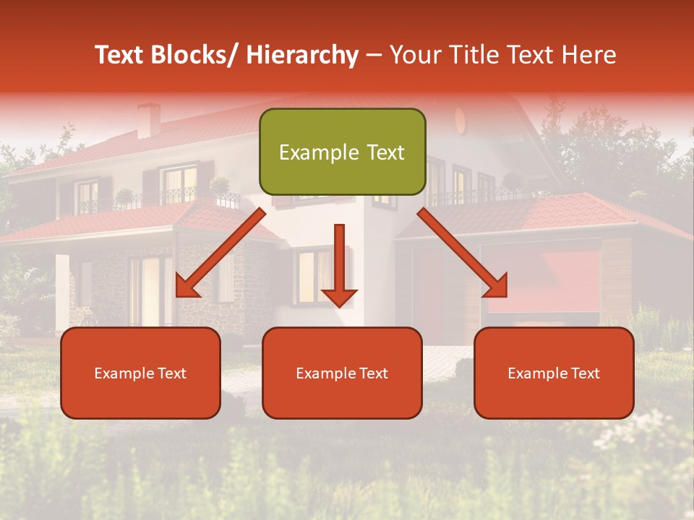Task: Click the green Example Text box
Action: [342, 152]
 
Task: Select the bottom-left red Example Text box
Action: [140, 373]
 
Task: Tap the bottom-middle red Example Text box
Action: [342, 373]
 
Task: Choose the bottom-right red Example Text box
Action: [554, 373]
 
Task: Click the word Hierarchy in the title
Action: [301, 56]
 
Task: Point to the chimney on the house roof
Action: [149, 120]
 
